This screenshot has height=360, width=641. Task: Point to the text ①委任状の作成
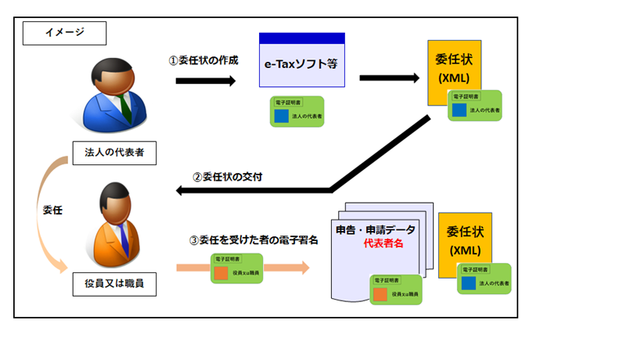pyautogui.click(x=203, y=60)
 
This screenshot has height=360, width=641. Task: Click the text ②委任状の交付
pyautogui.click(x=227, y=177)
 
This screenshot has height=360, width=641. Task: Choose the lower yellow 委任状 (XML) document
pyautogui.click(x=463, y=239)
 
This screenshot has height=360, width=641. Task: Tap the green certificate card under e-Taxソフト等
pyautogui.click(x=297, y=112)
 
